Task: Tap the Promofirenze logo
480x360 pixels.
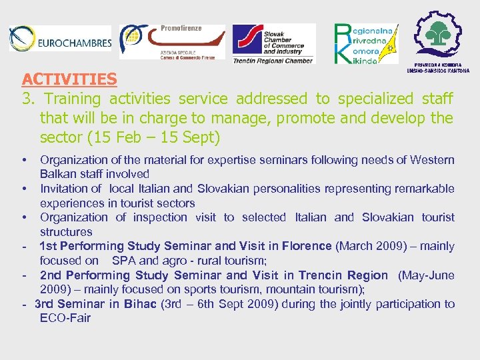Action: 172,42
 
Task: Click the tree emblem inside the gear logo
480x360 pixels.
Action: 438,34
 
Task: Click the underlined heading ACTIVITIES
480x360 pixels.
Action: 69,79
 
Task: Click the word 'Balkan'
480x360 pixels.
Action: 57,174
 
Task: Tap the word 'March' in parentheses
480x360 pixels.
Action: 356,246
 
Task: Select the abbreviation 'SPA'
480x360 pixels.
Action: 123,261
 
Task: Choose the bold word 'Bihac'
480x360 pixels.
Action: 140,304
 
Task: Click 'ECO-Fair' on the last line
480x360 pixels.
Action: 65,318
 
